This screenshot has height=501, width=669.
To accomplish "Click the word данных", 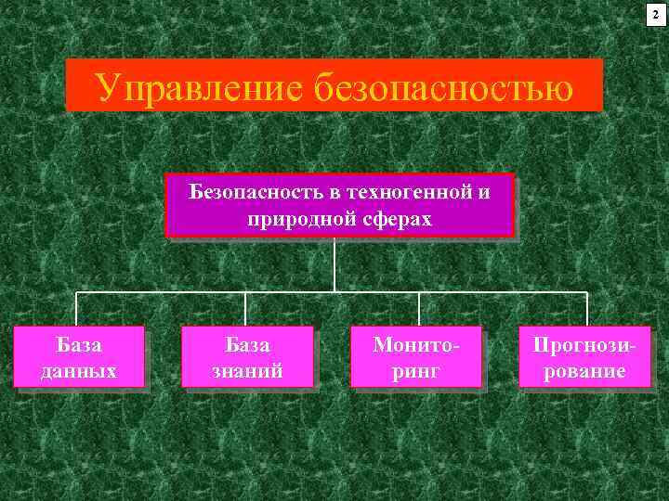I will point(80,370).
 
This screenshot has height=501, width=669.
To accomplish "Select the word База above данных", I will point(80,345).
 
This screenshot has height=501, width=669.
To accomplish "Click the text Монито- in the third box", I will point(416,345).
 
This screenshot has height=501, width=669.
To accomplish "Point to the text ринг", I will point(416,370).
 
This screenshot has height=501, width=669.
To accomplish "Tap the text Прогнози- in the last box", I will point(585,345).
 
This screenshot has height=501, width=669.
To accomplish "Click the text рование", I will point(585,370).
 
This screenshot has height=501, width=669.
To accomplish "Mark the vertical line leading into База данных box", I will point(76,309).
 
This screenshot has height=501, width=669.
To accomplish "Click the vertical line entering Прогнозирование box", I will point(587,309).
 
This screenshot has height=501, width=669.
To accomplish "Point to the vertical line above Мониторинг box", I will point(418,309).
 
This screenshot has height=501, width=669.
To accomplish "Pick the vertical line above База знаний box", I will point(245,309).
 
